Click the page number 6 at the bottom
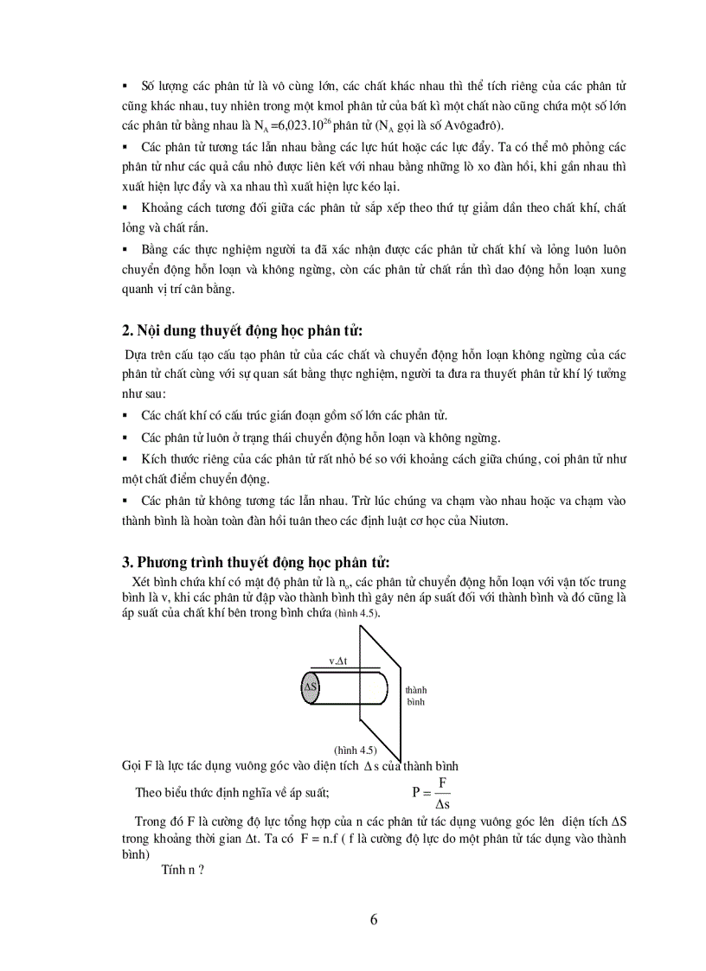point(373,919)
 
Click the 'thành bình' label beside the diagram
point(416,695)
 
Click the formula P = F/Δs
point(432,791)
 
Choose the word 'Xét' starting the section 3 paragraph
point(141,582)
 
